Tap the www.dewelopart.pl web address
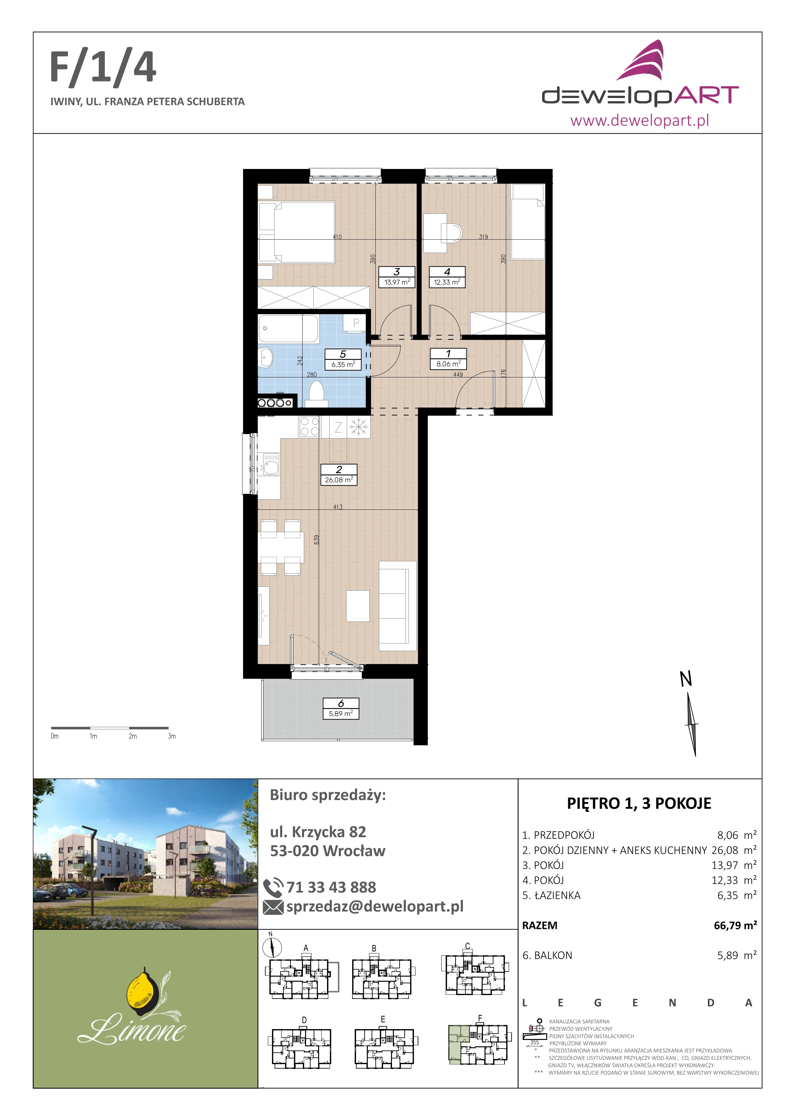tap(639, 120)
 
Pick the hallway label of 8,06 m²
tap(448, 359)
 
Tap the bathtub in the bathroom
tap(289, 329)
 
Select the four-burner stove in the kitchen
tap(310, 427)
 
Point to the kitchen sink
tap(270, 464)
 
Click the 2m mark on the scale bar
tap(133, 736)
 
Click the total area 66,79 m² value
tap(735, 925)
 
